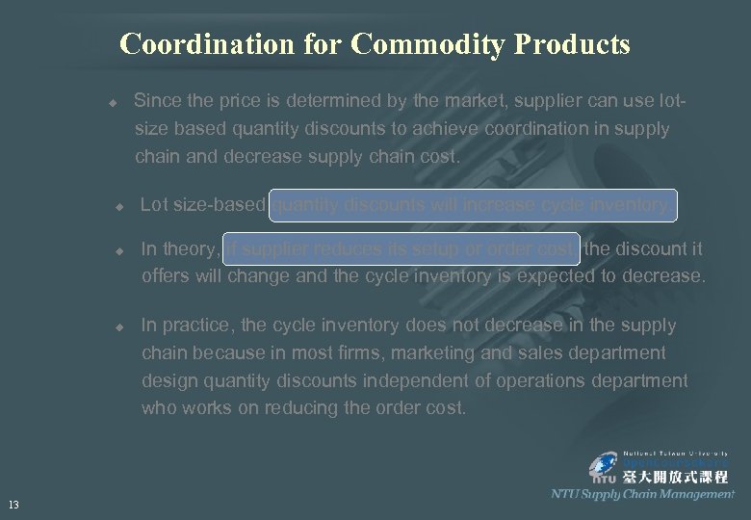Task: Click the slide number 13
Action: (x=13, y=504)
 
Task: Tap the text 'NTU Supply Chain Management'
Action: (x=642, y=494)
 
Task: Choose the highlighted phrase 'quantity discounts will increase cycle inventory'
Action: (x=474, y=205)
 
